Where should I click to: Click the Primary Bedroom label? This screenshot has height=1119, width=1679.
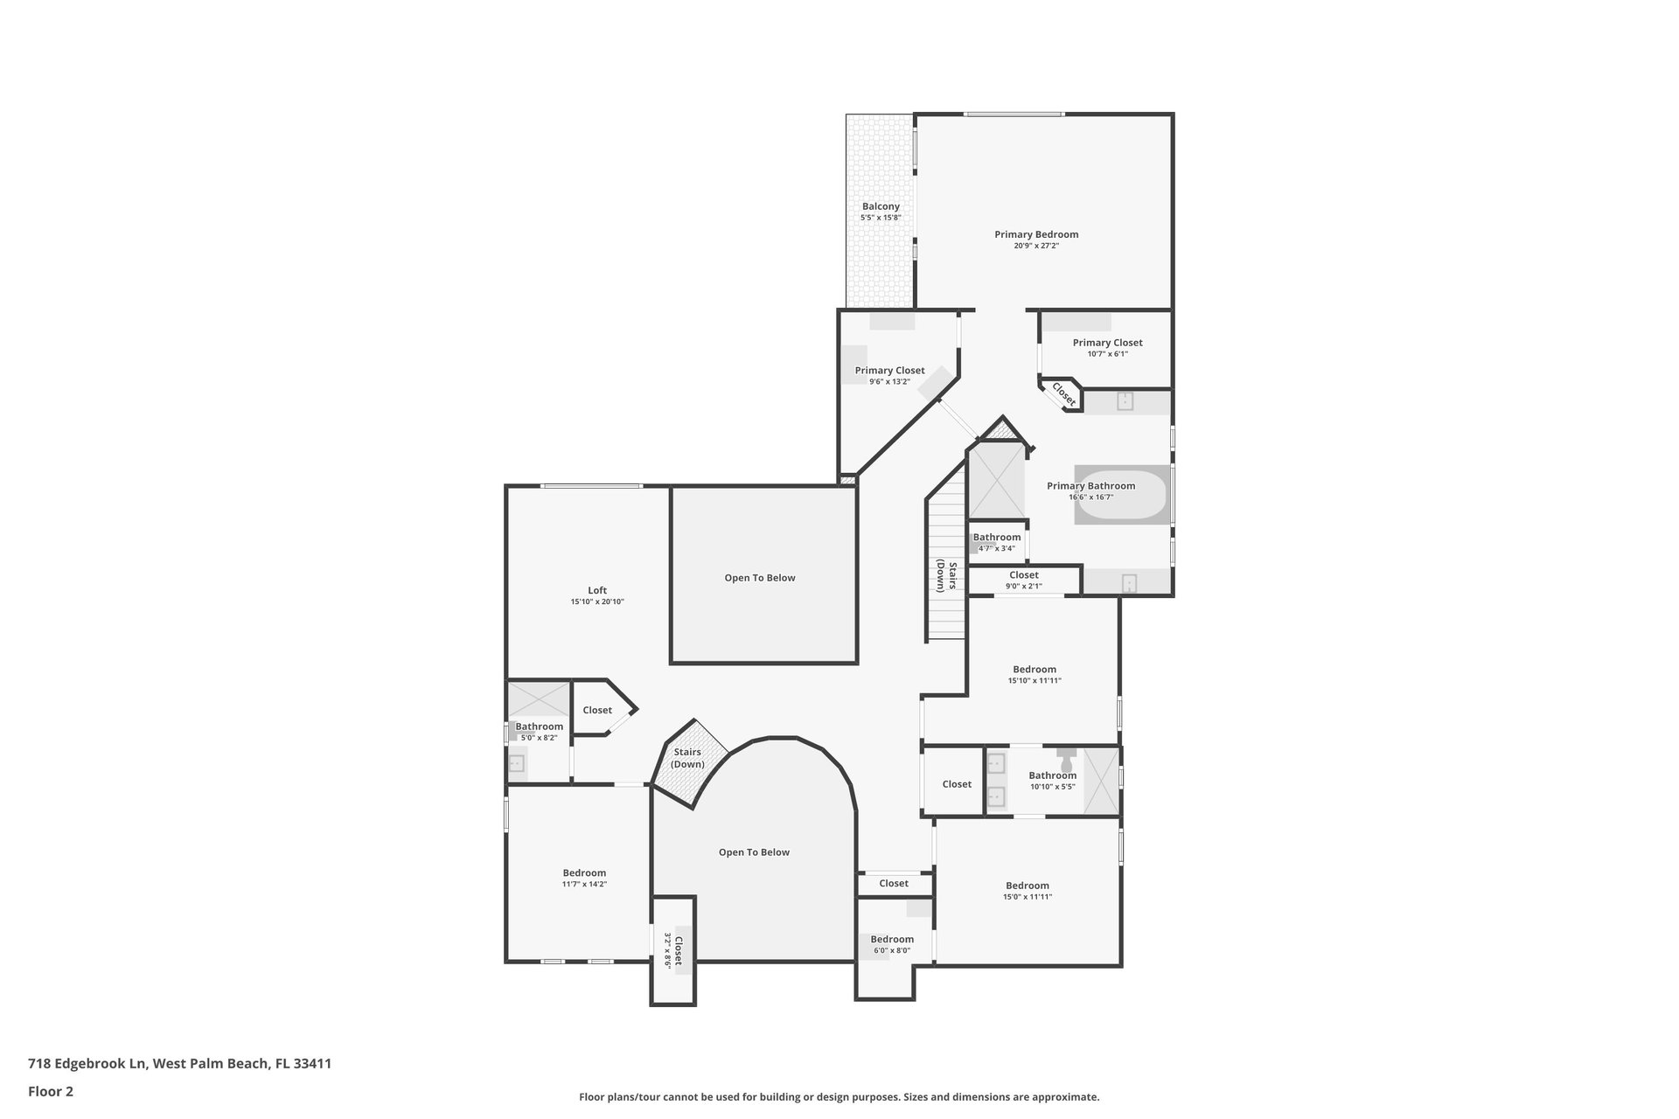1036,234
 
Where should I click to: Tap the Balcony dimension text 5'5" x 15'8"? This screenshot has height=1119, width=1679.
881,218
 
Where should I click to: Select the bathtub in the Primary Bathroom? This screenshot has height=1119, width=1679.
1122,495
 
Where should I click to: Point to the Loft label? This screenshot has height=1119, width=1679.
597,590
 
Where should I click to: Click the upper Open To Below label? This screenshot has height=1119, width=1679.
760,578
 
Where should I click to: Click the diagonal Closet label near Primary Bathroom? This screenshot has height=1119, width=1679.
1063,394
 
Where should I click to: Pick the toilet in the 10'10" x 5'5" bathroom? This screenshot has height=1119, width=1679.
1066,755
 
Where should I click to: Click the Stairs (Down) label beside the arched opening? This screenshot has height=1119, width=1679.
687,758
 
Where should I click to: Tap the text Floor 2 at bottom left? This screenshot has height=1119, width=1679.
51,1091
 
